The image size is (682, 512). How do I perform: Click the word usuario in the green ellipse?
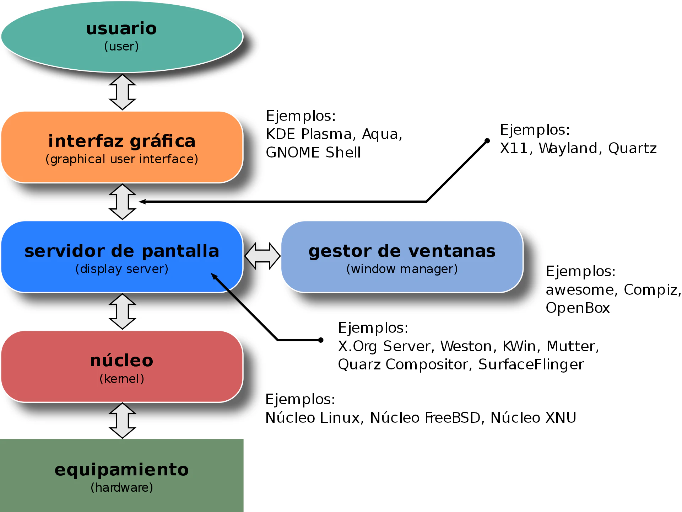coord(121,28)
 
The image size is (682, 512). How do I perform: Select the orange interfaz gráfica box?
coord(122,147)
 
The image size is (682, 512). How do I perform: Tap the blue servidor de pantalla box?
coord(122,257)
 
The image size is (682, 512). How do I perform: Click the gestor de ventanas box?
coord(402,257)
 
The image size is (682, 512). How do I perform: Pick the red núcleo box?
coord(122,367)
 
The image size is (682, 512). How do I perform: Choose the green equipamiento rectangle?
coord(122,475)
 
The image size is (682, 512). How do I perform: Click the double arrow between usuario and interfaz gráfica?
coord(122,92)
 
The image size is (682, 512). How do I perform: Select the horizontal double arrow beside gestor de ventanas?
coord(262,256)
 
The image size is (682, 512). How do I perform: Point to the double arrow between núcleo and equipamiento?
coord(122,421)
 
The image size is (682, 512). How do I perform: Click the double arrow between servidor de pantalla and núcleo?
coord(122,311)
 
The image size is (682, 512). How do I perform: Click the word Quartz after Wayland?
coord(632,149)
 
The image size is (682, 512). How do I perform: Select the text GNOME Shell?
coord(313,153)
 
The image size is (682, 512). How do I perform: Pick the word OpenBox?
coord(578,308)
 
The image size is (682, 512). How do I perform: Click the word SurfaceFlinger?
coord(531,364)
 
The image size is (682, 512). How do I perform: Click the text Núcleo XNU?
coord(533,418)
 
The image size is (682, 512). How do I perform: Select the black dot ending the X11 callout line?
coord(487,141)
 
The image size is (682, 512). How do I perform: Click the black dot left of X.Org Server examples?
coord(321,340)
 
